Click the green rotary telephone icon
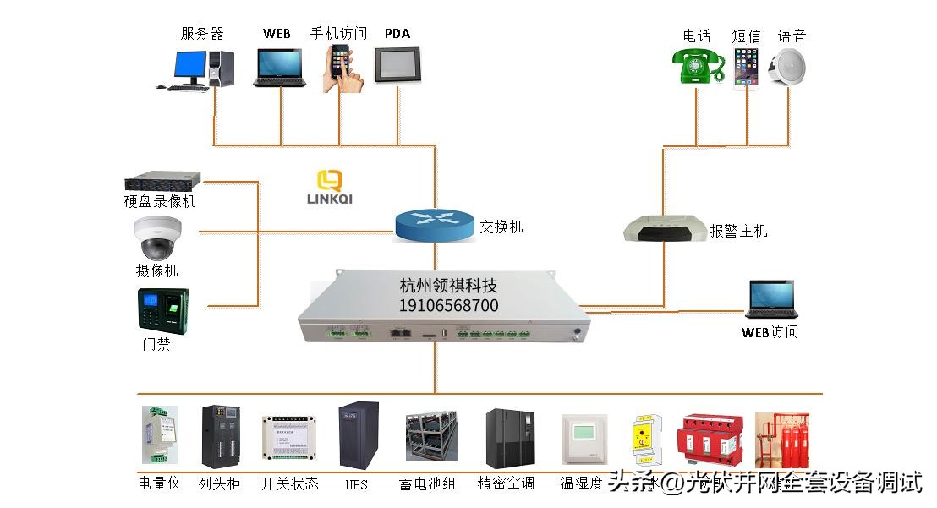pyautogui.click(x=699, y=67)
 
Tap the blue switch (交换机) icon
pyautogui.click(x=434, y=224)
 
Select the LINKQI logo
pyautogui.click(x=329, y=187)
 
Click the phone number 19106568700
pyautogui.click(x=448, y=306)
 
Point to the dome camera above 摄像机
pyautogui.click(x=158, y=238)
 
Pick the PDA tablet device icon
pyautogui.click(x=397, y=64)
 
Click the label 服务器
pyautogui.click(x=202, y=34)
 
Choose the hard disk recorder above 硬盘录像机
pyautogui.click(x=162, y=181)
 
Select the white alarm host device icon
pyautogui.click(x=666, y=228)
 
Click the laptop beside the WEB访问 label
pyautogui.click(x=770, y=300)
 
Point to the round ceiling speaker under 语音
pyautogui.click(x=787, y=67)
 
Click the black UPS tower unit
pyautogui.click(x=358, y=436)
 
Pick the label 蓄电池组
pyautogui.click(x=427, y=484)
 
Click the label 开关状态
pyautogui.click(x=290, y=483)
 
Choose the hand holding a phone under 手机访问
pyautogui.click(x=342, y=67)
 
